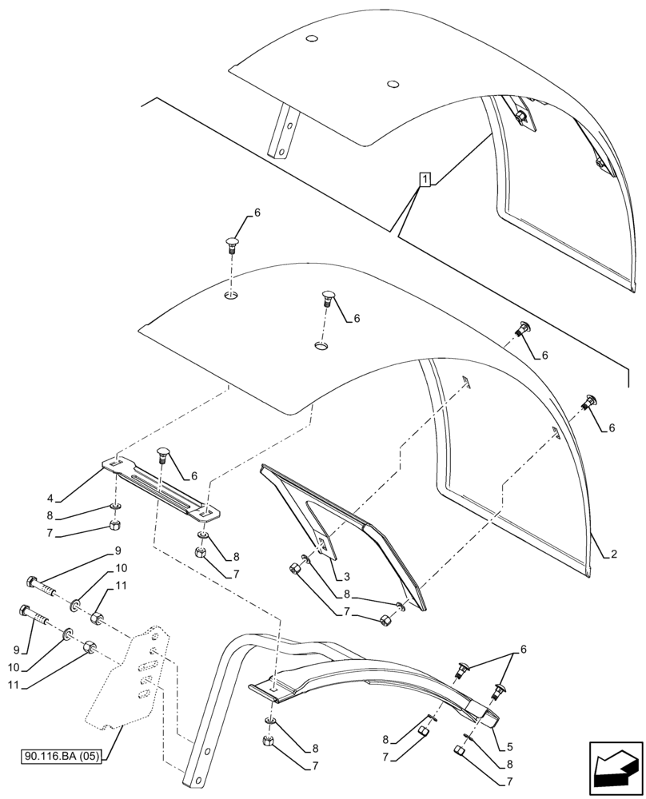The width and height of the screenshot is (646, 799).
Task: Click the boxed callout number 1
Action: click(425, 178)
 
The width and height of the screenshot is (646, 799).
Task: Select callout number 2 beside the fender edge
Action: click(613, 554)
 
